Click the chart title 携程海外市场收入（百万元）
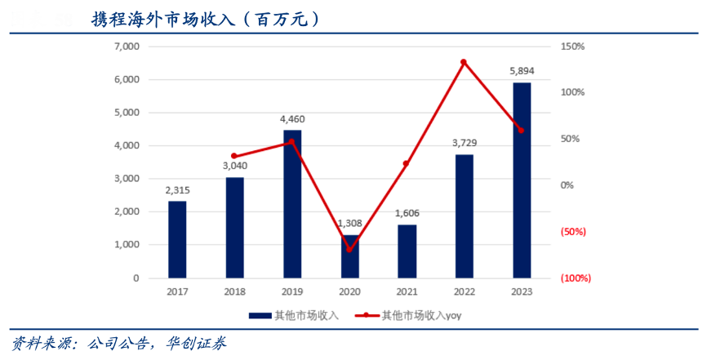[205, 18]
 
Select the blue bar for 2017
[177, 239]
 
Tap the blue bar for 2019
[292, 204]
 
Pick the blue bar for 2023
[522, 180]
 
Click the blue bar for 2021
[407, 251]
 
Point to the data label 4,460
[292, 119]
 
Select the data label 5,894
[522, 72]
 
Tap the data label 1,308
[349, 224]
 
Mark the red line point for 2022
[464, 62]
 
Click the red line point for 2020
[349, 249]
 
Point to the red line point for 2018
[234, 156]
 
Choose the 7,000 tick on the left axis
[126, 47]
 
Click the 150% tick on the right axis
[573, 47]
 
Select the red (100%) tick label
[576, 278]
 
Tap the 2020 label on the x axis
[349, 291]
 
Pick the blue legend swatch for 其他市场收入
[260, 314]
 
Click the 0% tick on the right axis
[567, 185]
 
